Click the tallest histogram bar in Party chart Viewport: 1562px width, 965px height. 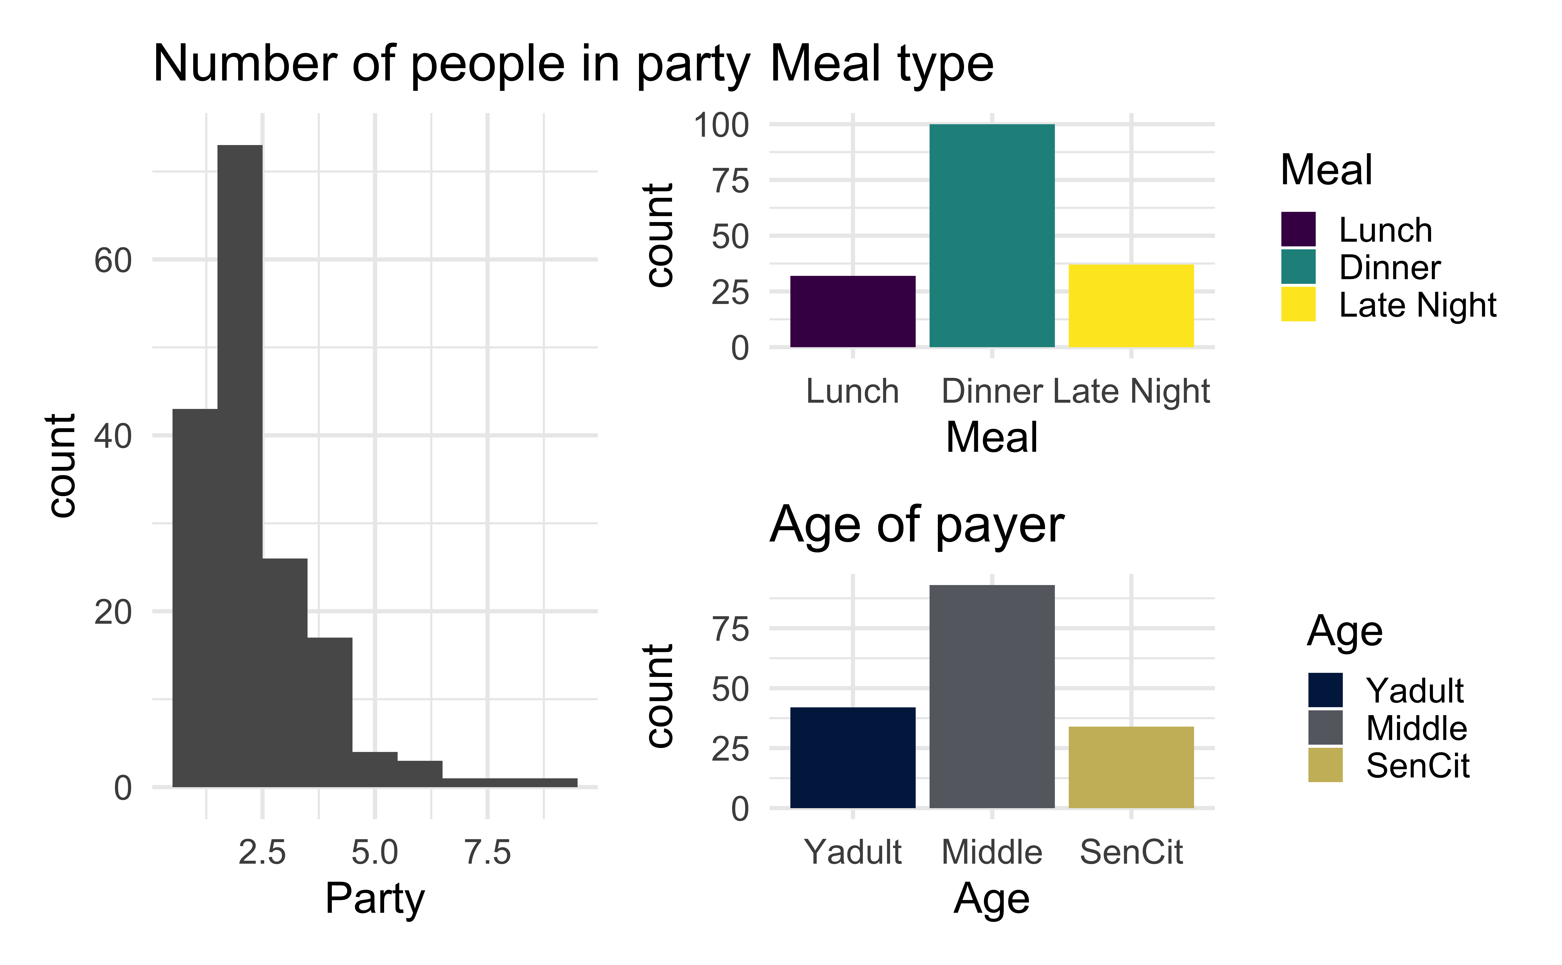click(x=240, y=466)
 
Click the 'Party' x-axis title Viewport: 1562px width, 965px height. click(x=375, y=899)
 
